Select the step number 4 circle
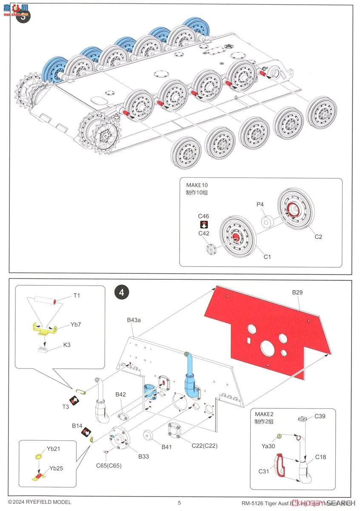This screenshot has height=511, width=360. [x=122, y=293]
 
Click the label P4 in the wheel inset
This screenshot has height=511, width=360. [x=260, y=204]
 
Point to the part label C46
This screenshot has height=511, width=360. [x=203, y=216]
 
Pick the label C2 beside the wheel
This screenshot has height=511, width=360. [x=318, y=237]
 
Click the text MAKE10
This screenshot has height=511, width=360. [x=197, y=185]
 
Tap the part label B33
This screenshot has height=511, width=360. [x=143, y=456]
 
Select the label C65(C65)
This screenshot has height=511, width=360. [x=109, y=465]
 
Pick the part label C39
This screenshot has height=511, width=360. [x=320, y=416]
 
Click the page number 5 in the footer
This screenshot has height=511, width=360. [x=179, y=502]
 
